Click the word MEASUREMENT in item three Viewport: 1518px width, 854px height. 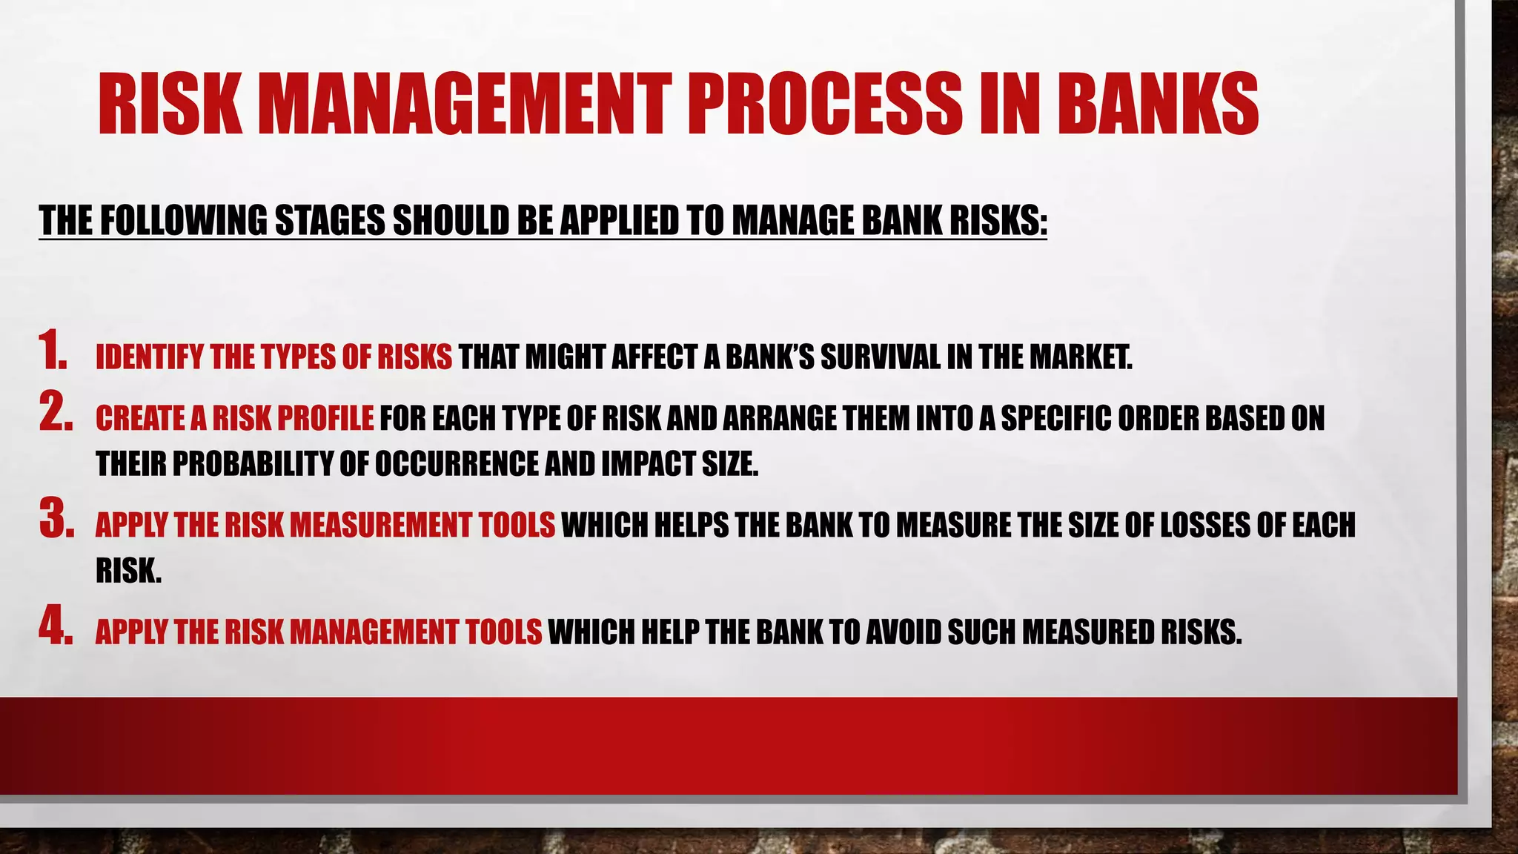[380, 526]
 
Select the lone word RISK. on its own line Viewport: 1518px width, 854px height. [128, 571]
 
